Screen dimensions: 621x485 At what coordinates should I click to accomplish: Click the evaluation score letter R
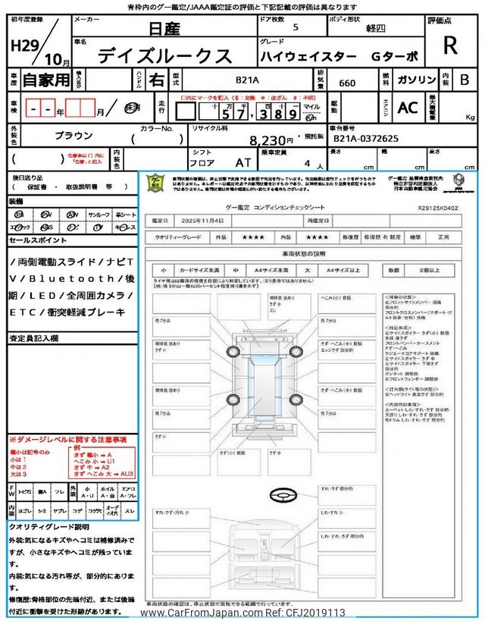pos(450,45)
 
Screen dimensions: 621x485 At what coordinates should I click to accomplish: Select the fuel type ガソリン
pos(415,78)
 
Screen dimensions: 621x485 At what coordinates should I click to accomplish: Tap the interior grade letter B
pos(465,79)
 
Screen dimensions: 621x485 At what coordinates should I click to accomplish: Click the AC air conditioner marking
pos(408,108)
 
